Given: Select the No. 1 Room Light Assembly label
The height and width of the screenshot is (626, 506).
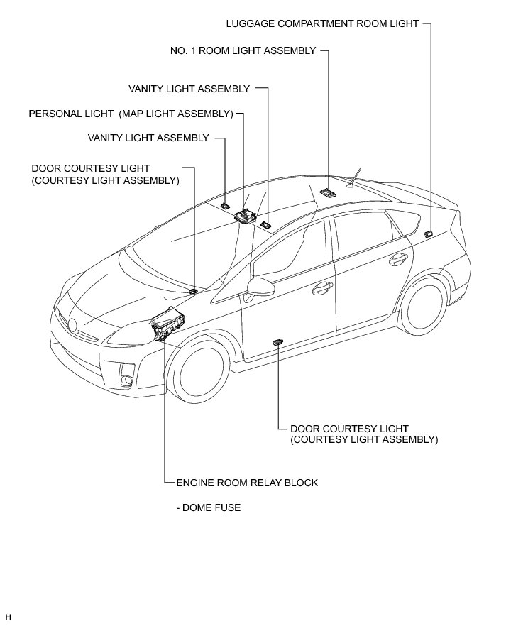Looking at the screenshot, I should coord(243,51).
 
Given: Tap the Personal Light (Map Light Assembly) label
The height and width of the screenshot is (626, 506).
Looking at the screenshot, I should coord(131,114).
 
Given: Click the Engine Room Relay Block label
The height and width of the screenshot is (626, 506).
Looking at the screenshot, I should coord(246,483).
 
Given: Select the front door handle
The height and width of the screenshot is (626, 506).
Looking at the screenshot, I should coord(323,287).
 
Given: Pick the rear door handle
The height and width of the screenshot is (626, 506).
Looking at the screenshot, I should coord(397,258).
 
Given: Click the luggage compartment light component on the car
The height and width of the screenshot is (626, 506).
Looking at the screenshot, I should coord(428,234).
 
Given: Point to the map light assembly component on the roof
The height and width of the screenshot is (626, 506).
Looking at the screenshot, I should coord(246,214).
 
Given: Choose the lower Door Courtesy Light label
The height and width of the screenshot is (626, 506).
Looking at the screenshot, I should coord(364,434).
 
